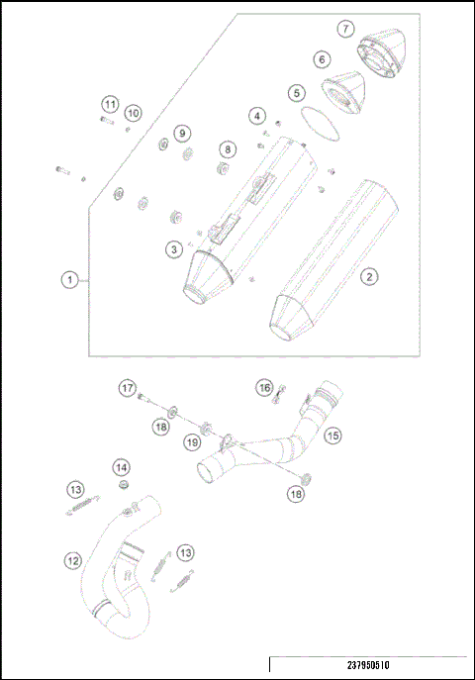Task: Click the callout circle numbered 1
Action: (x=70, y=281)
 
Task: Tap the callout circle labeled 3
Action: (x=173, y=249)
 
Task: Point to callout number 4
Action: (x=257, y=117)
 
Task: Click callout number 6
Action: (x=323, y=60)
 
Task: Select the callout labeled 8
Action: (x=228, y=149)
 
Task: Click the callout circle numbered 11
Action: (x=110, y=104)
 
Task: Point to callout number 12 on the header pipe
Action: (x=72, y=561)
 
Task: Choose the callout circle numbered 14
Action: (x=121, y=466)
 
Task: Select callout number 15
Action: (x=333, y=434)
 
